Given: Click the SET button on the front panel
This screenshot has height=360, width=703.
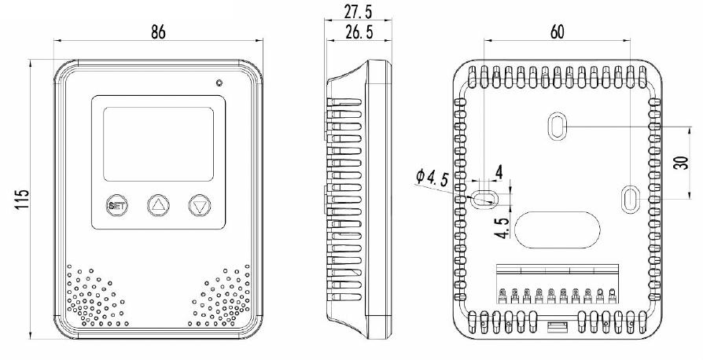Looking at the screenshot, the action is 117,206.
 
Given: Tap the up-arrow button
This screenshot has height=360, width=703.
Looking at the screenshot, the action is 159,206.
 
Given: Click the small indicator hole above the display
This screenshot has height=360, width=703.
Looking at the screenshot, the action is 219,83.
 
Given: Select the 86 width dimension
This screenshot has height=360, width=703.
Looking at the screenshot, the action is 158,32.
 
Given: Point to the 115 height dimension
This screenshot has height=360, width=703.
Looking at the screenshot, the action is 24,199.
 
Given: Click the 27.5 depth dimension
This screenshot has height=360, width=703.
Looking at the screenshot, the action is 358,12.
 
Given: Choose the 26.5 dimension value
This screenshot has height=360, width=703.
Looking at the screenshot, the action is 359,32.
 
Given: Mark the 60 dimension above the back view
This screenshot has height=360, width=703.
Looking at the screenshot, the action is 557,31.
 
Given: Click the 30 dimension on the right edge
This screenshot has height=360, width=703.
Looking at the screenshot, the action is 681,162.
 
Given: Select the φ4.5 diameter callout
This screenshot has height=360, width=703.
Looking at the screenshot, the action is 432,178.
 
